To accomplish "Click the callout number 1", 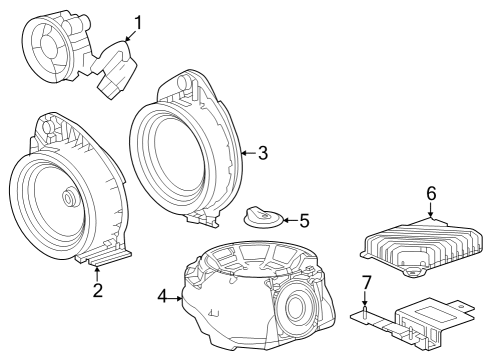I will [138, 20].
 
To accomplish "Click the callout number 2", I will [97, 291].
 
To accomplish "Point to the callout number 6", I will [431, 193].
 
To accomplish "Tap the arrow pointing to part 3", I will [248, 153].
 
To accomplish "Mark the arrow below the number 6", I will [431, 210].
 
